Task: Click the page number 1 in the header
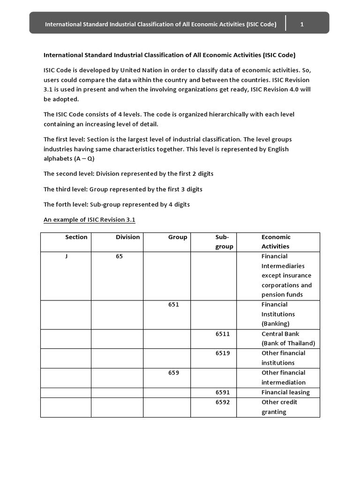[x=302, y=24]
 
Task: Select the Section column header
[x=76, y=237]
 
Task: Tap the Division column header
[x=127, y=237]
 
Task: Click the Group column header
[x=178, y=237]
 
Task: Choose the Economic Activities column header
[x=276, y=242]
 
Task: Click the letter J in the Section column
[x=67, y=256]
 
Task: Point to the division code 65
[x=120, y=256]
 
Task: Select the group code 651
[x=173, y=305]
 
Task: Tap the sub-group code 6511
[x=223, y=334]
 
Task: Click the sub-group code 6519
[x=223, y=353]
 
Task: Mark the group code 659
[x=173, y=373]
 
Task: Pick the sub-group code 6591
[x=223, y=392]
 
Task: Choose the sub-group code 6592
[x=223, y=402]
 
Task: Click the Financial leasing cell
[x=285, y=392]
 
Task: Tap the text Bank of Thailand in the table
[x=288, y=343]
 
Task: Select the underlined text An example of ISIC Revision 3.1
[x=90, y=220]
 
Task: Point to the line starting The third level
[x=123, y=189]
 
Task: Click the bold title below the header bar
[x=169, y=55]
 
